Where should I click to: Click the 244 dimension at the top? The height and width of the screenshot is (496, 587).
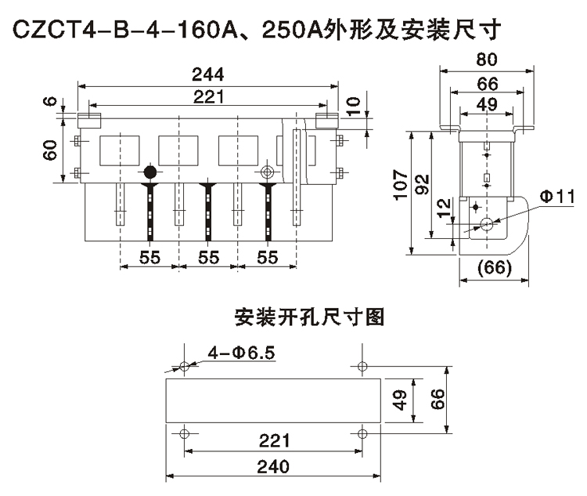coord(207,74)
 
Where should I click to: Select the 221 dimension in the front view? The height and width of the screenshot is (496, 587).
coord(207,96)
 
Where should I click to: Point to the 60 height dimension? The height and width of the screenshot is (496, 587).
coord(49,149)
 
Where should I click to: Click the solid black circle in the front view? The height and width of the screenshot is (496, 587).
coord(149,172)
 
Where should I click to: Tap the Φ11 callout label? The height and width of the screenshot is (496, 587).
coord(557,195)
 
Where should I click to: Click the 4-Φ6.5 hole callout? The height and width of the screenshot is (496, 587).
coord(242,353)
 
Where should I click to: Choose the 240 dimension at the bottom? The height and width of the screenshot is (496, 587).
coord(272,466)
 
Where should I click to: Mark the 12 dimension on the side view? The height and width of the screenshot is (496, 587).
coord(443,208)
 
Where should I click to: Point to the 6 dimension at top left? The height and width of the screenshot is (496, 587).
coord(49,103)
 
